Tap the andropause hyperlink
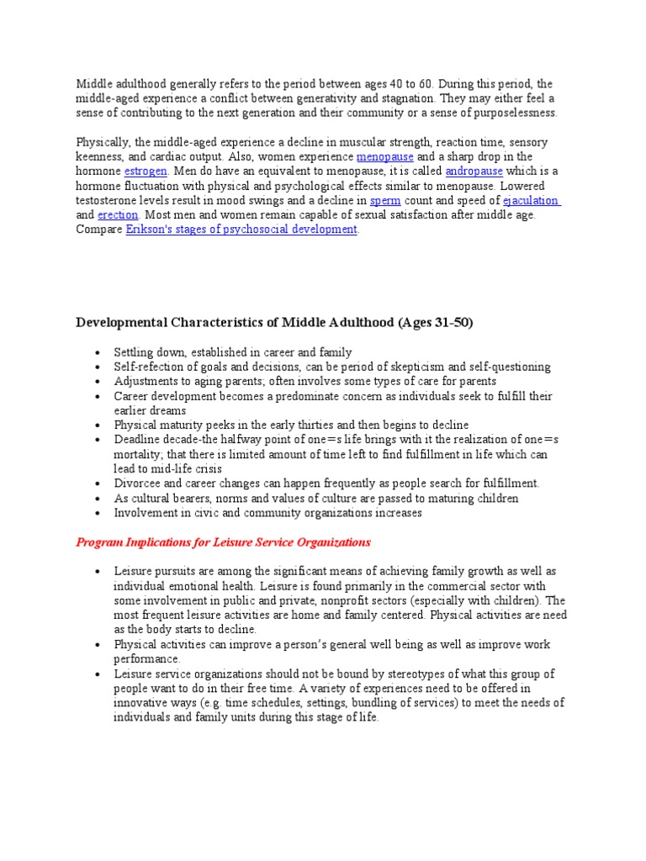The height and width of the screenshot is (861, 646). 474,172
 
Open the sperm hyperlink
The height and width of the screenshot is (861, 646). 385,200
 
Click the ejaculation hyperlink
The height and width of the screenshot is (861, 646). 532,200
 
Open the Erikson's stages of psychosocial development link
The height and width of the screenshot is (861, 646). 241,229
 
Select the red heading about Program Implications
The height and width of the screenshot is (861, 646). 224,542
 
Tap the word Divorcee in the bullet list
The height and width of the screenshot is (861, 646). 138,483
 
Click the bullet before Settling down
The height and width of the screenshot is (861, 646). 98,352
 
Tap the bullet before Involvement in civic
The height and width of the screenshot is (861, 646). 98,512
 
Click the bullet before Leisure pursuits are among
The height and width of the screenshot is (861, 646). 98,572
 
